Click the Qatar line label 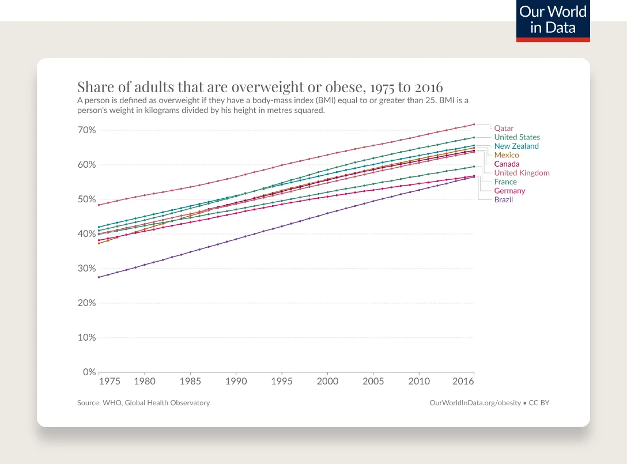coord(504,128)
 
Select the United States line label coord(517,137)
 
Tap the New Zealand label coord(516,146)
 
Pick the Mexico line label coord(507,155)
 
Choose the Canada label coord(507,164)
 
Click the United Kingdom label coord(522,173)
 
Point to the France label coord(505,182)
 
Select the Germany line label coord(509,191)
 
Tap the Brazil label coord(503,199)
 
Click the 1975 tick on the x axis coord(109,382)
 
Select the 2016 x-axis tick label coord(464,382)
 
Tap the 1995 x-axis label coord(281,382)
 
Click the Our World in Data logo coord(553,20)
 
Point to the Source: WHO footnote coord(143,403)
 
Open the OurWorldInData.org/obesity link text coord(475,403)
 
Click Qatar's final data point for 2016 coord(474,124)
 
